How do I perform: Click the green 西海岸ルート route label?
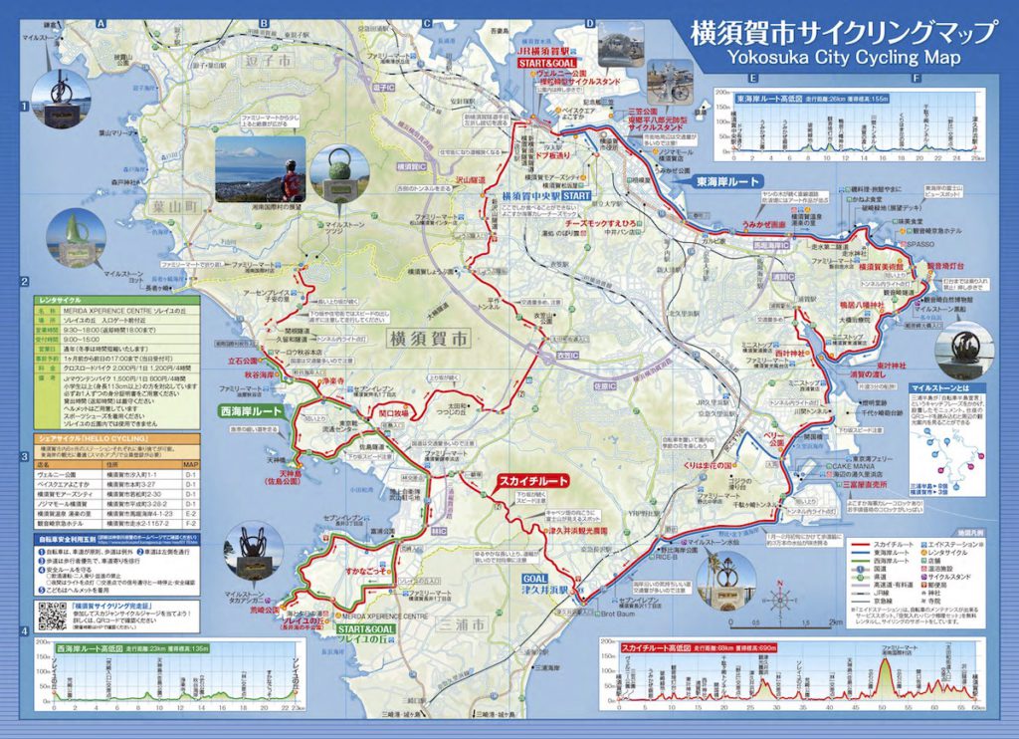tap(250, 411)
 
